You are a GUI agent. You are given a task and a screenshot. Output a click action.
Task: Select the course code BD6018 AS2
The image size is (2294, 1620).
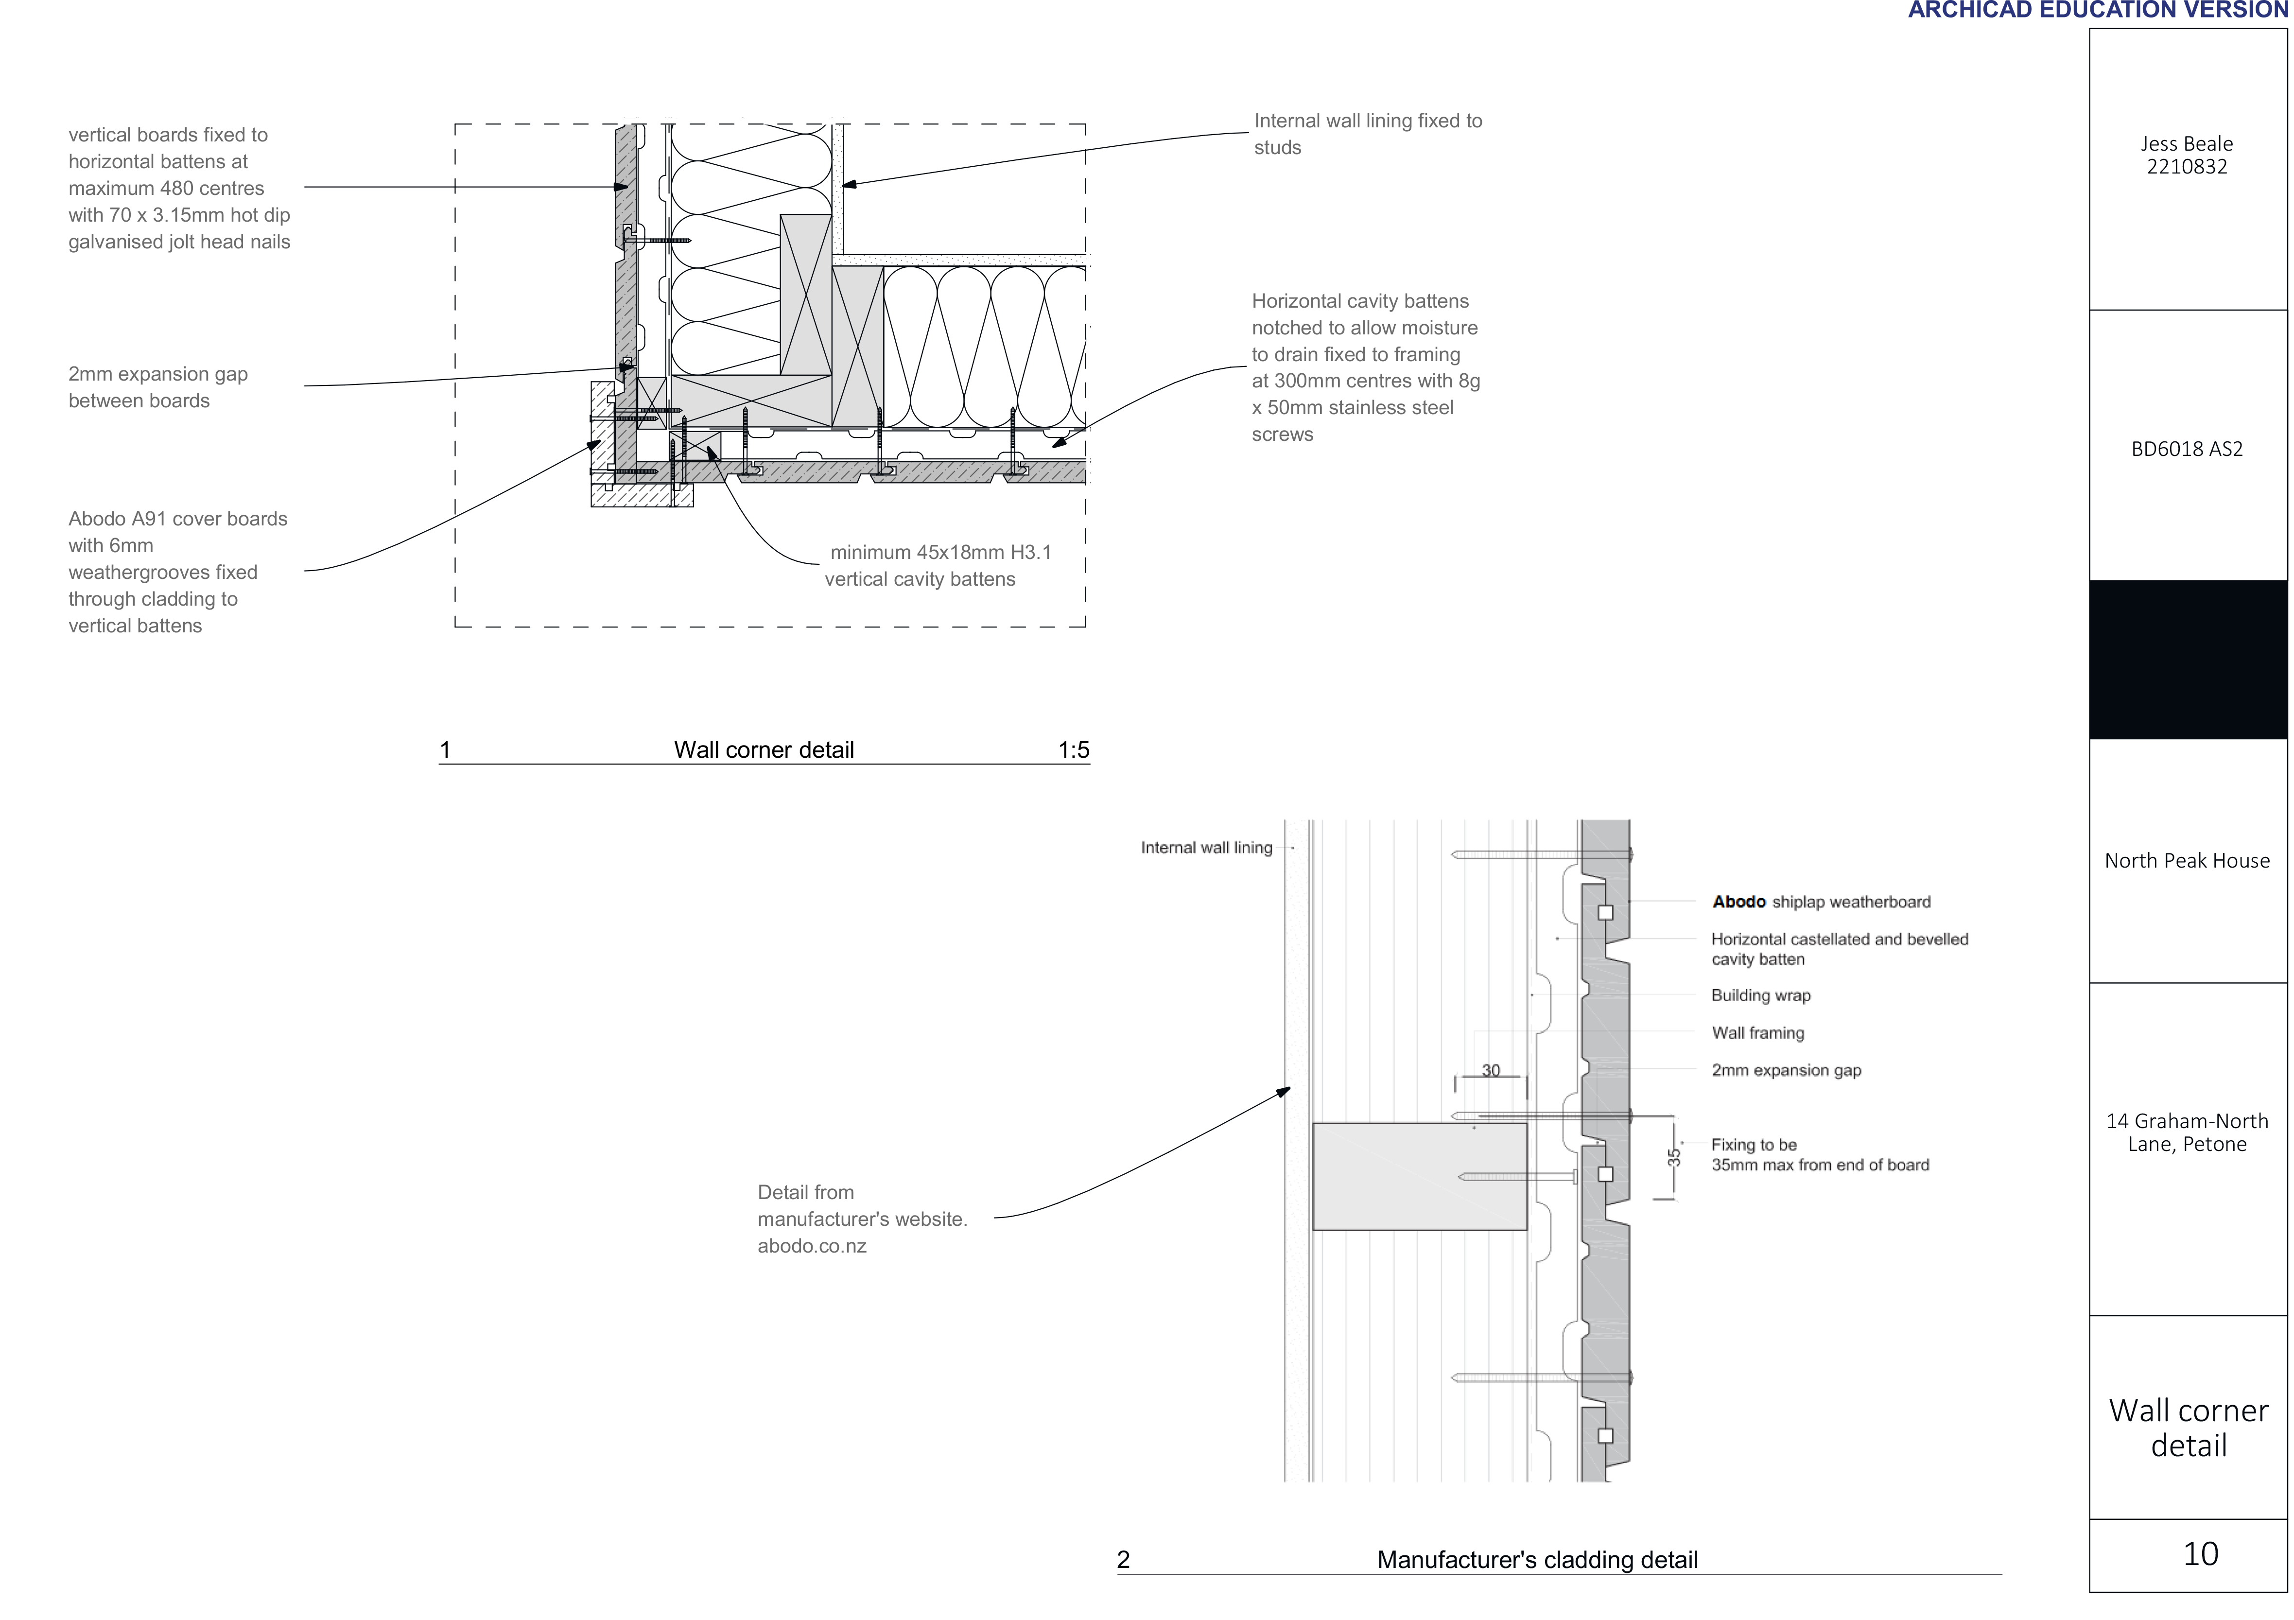pyautogui.click(x=2187, y=450)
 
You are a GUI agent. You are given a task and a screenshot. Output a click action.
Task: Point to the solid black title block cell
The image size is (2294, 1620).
pyautogui.click(x=2188, y=660)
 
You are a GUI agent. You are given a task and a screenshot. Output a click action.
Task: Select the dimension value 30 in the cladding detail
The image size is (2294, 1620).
pyautogui.click(x=1491, y=1070)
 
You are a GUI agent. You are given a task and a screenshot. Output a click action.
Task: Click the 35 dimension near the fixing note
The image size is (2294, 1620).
pyautogui.click(x=1673, y=1157)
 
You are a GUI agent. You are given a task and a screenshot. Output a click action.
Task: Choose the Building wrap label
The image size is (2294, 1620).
pyautogui.click(x=1760, y=995)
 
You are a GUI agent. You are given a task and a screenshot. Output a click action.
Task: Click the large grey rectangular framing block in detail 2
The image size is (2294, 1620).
pyautogui.click(x=1420, y=1176)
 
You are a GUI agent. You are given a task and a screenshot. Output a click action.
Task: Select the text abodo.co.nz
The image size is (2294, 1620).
pyautogui.click(x=811, y=1246)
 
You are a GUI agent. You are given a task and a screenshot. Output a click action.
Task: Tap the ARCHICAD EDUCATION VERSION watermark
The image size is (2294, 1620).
pyautogui.click(x=2098, y=10)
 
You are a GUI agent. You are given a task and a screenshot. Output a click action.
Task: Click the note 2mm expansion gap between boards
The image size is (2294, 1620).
pyautogui.click(x=158, y=387)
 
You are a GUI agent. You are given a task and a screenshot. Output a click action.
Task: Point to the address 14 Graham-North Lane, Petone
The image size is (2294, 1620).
pyautogui.click(x=2187, y=1132)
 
